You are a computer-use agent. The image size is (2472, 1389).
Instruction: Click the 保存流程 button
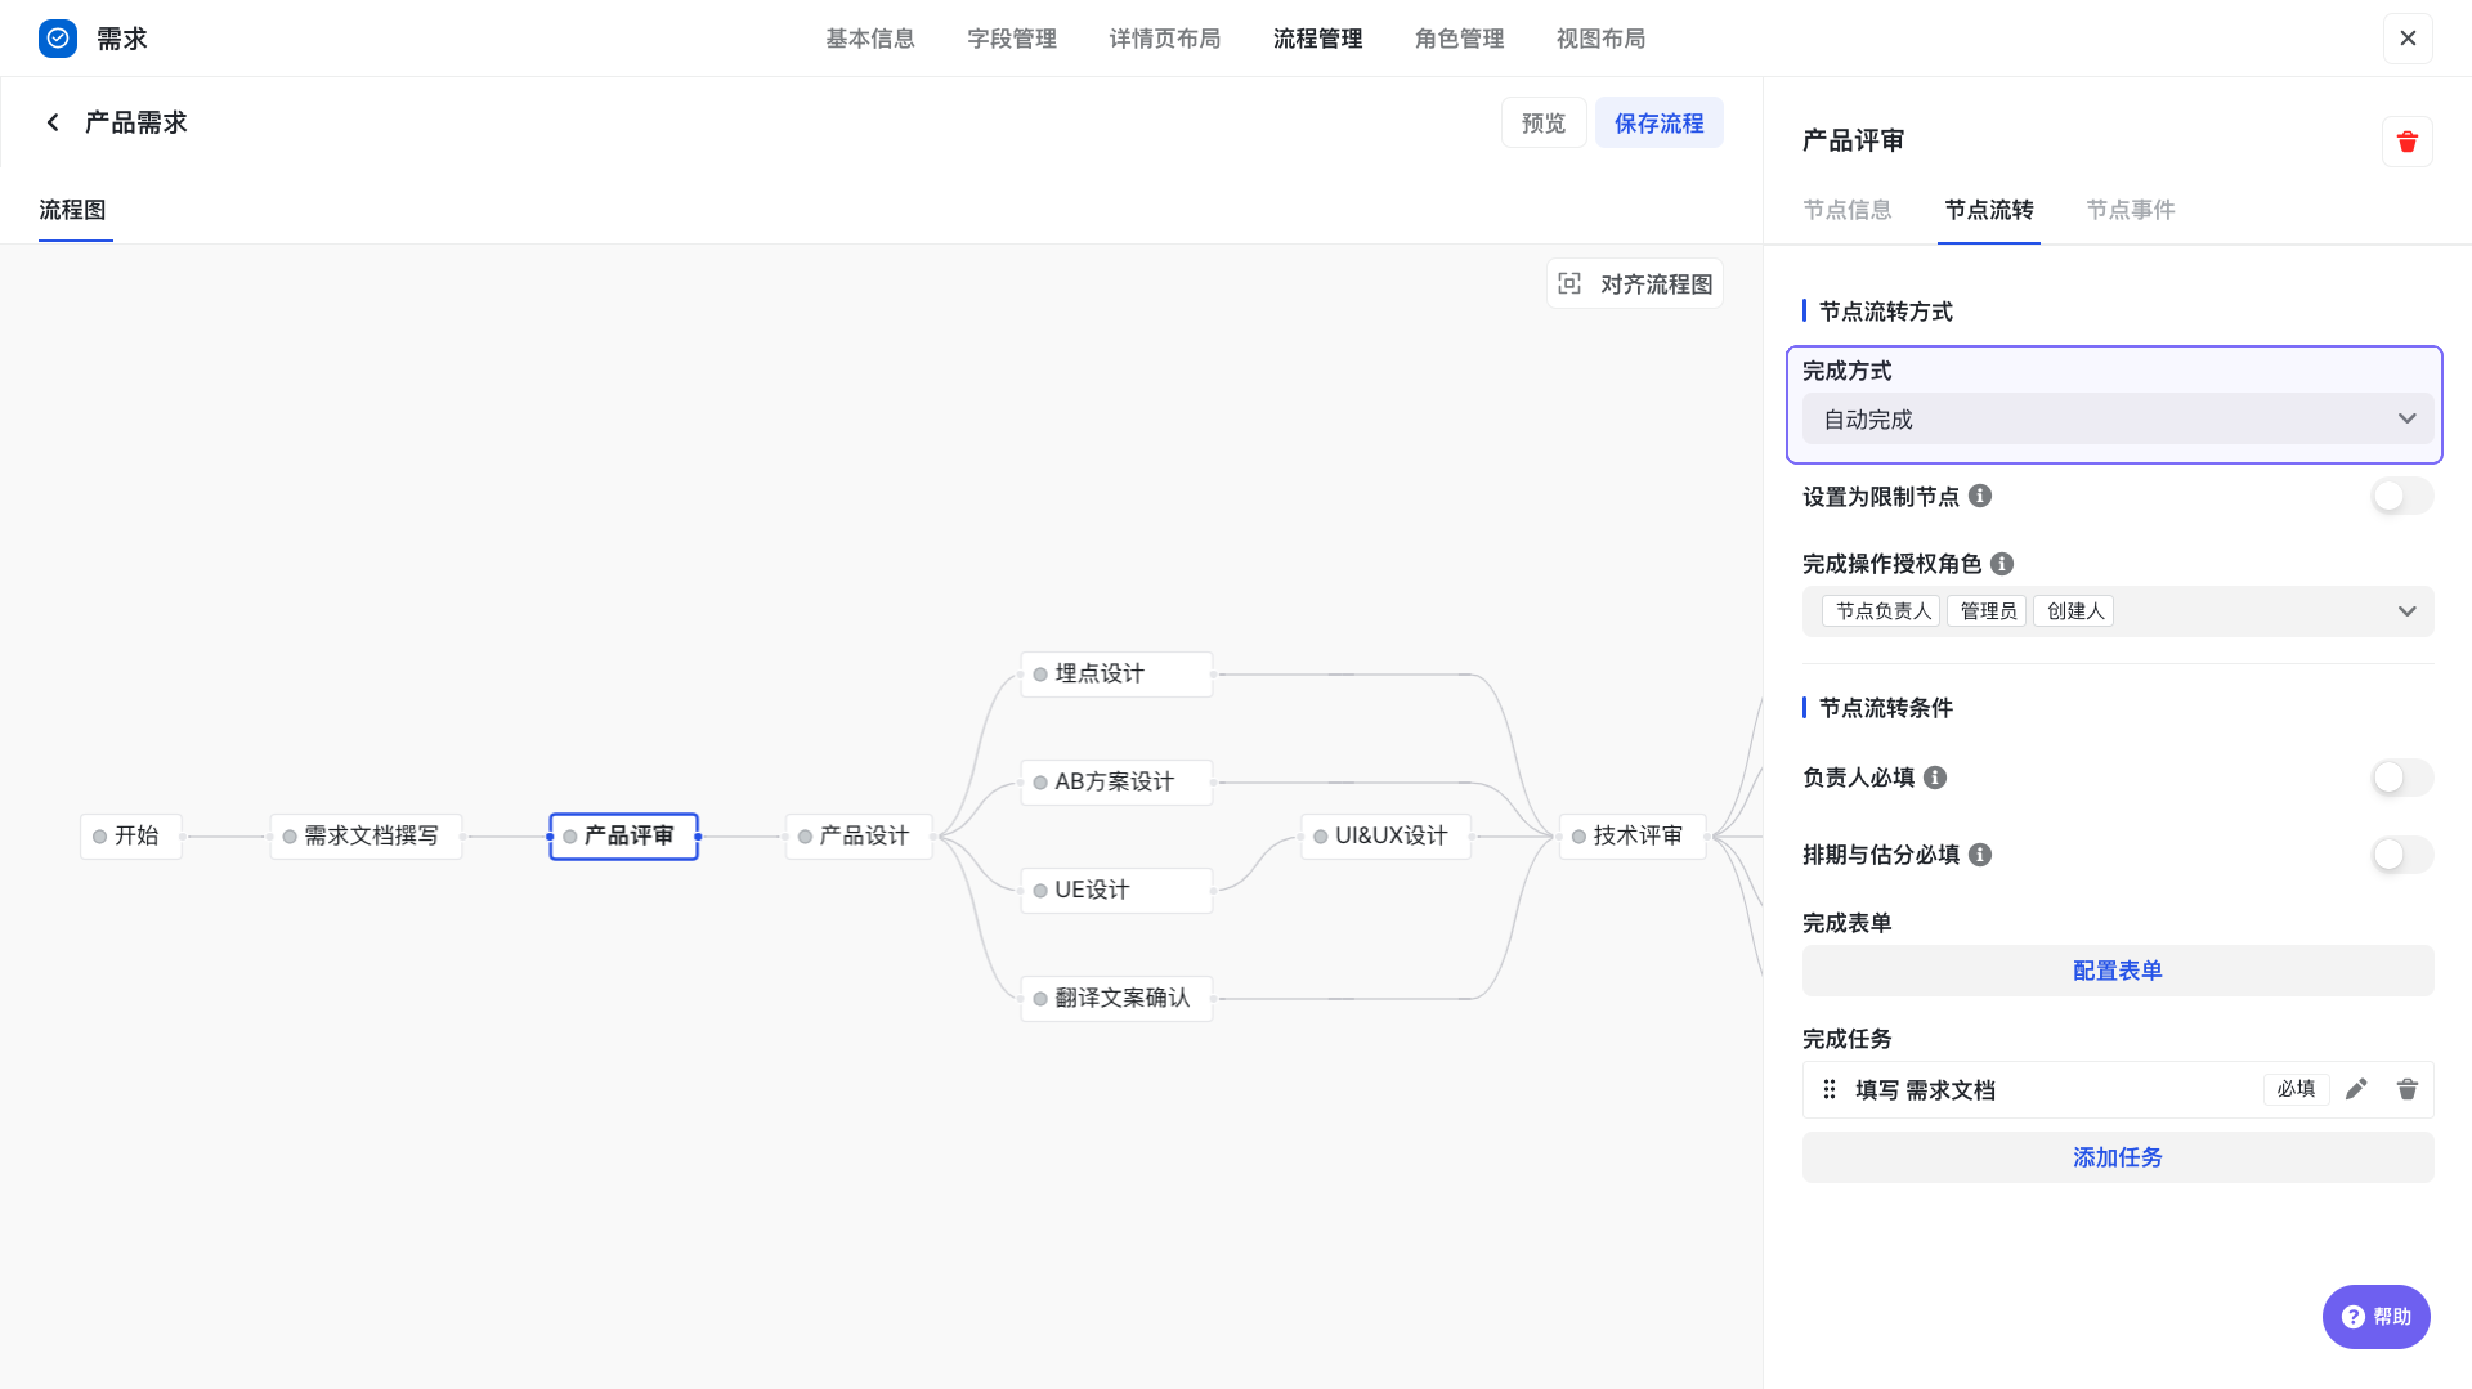click(1658, 123)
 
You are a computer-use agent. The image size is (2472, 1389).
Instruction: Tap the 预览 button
click(1543, 123)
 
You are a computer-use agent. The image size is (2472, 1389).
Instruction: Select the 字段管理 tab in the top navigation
click(1011, 39)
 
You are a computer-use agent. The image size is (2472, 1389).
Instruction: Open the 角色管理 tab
click(1459, 39)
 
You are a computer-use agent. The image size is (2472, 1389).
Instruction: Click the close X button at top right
click(2407, 39)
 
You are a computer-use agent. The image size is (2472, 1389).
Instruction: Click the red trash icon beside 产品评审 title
click(2407, 142)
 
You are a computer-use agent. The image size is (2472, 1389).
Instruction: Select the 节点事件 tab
click(2130, 209)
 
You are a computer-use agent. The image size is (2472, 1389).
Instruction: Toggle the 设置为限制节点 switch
click(2402, 496)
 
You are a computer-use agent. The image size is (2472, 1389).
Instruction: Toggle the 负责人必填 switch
click(2402, 777)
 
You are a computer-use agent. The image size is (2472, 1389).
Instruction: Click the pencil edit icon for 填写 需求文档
click(2356, 1090)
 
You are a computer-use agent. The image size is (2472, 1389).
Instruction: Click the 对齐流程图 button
click(1634, 284)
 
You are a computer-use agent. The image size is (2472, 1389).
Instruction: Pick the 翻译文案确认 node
click(1117, 998)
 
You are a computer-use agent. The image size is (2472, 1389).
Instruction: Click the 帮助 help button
click(2376, 1317)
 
